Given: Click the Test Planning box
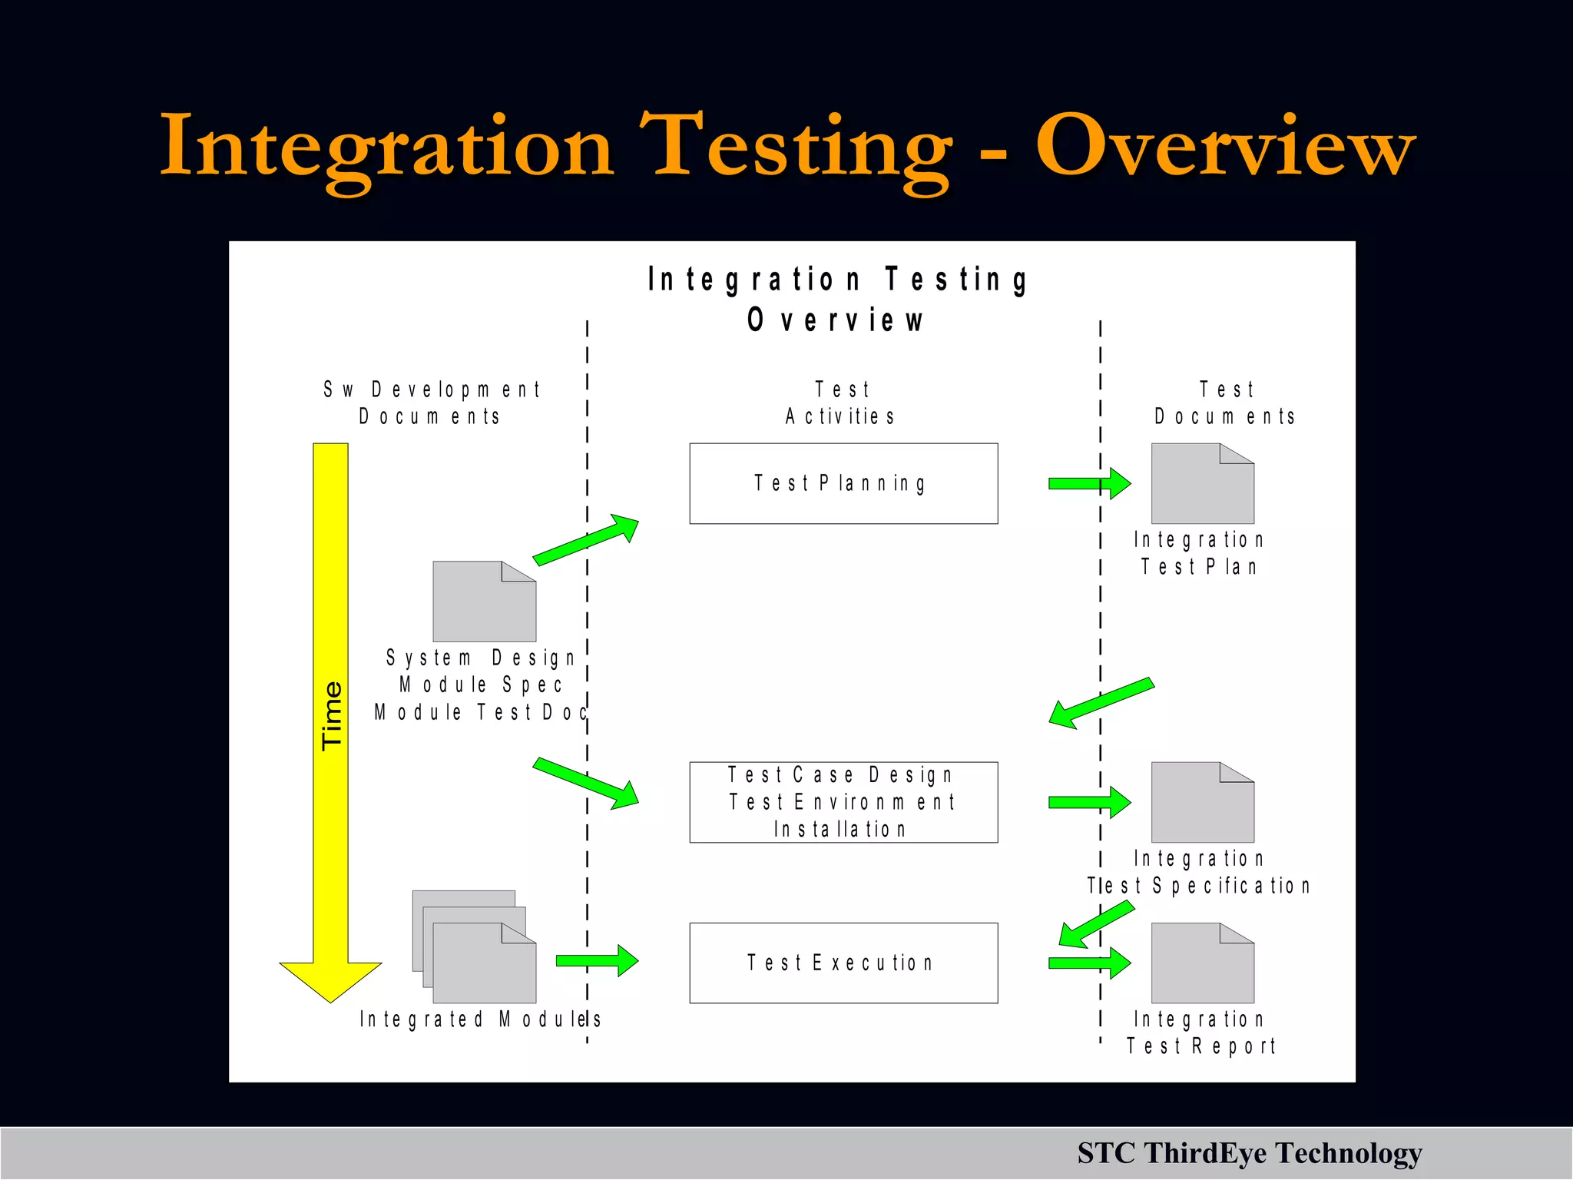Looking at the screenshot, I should tap(843, 483).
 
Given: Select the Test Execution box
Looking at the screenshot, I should tap(843, 963).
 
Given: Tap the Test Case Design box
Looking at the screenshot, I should tap(843, 802).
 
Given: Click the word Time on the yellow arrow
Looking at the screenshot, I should tap(332, 715).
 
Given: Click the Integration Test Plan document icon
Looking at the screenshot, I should tap(1202, 484).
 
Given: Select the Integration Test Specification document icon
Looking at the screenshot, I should tap(1202, 803).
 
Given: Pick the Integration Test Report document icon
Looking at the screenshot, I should tap(1202, 963).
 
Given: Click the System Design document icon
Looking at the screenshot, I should tap(484, 602).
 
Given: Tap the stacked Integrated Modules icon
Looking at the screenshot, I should tap(475, 947).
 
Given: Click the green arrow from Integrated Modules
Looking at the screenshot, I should tap(597, 960).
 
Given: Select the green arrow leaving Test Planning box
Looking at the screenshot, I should tap(1089, 483).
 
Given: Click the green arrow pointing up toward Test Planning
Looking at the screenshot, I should tap(586, 539).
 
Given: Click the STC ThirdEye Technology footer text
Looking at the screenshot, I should tap(1249, 1153).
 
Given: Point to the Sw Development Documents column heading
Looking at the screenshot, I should tap(432, 403).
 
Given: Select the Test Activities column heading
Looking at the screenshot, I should tap(841, 403).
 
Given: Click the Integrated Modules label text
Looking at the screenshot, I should tap(480, 1019).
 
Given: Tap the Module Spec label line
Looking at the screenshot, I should tap(481, 684).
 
